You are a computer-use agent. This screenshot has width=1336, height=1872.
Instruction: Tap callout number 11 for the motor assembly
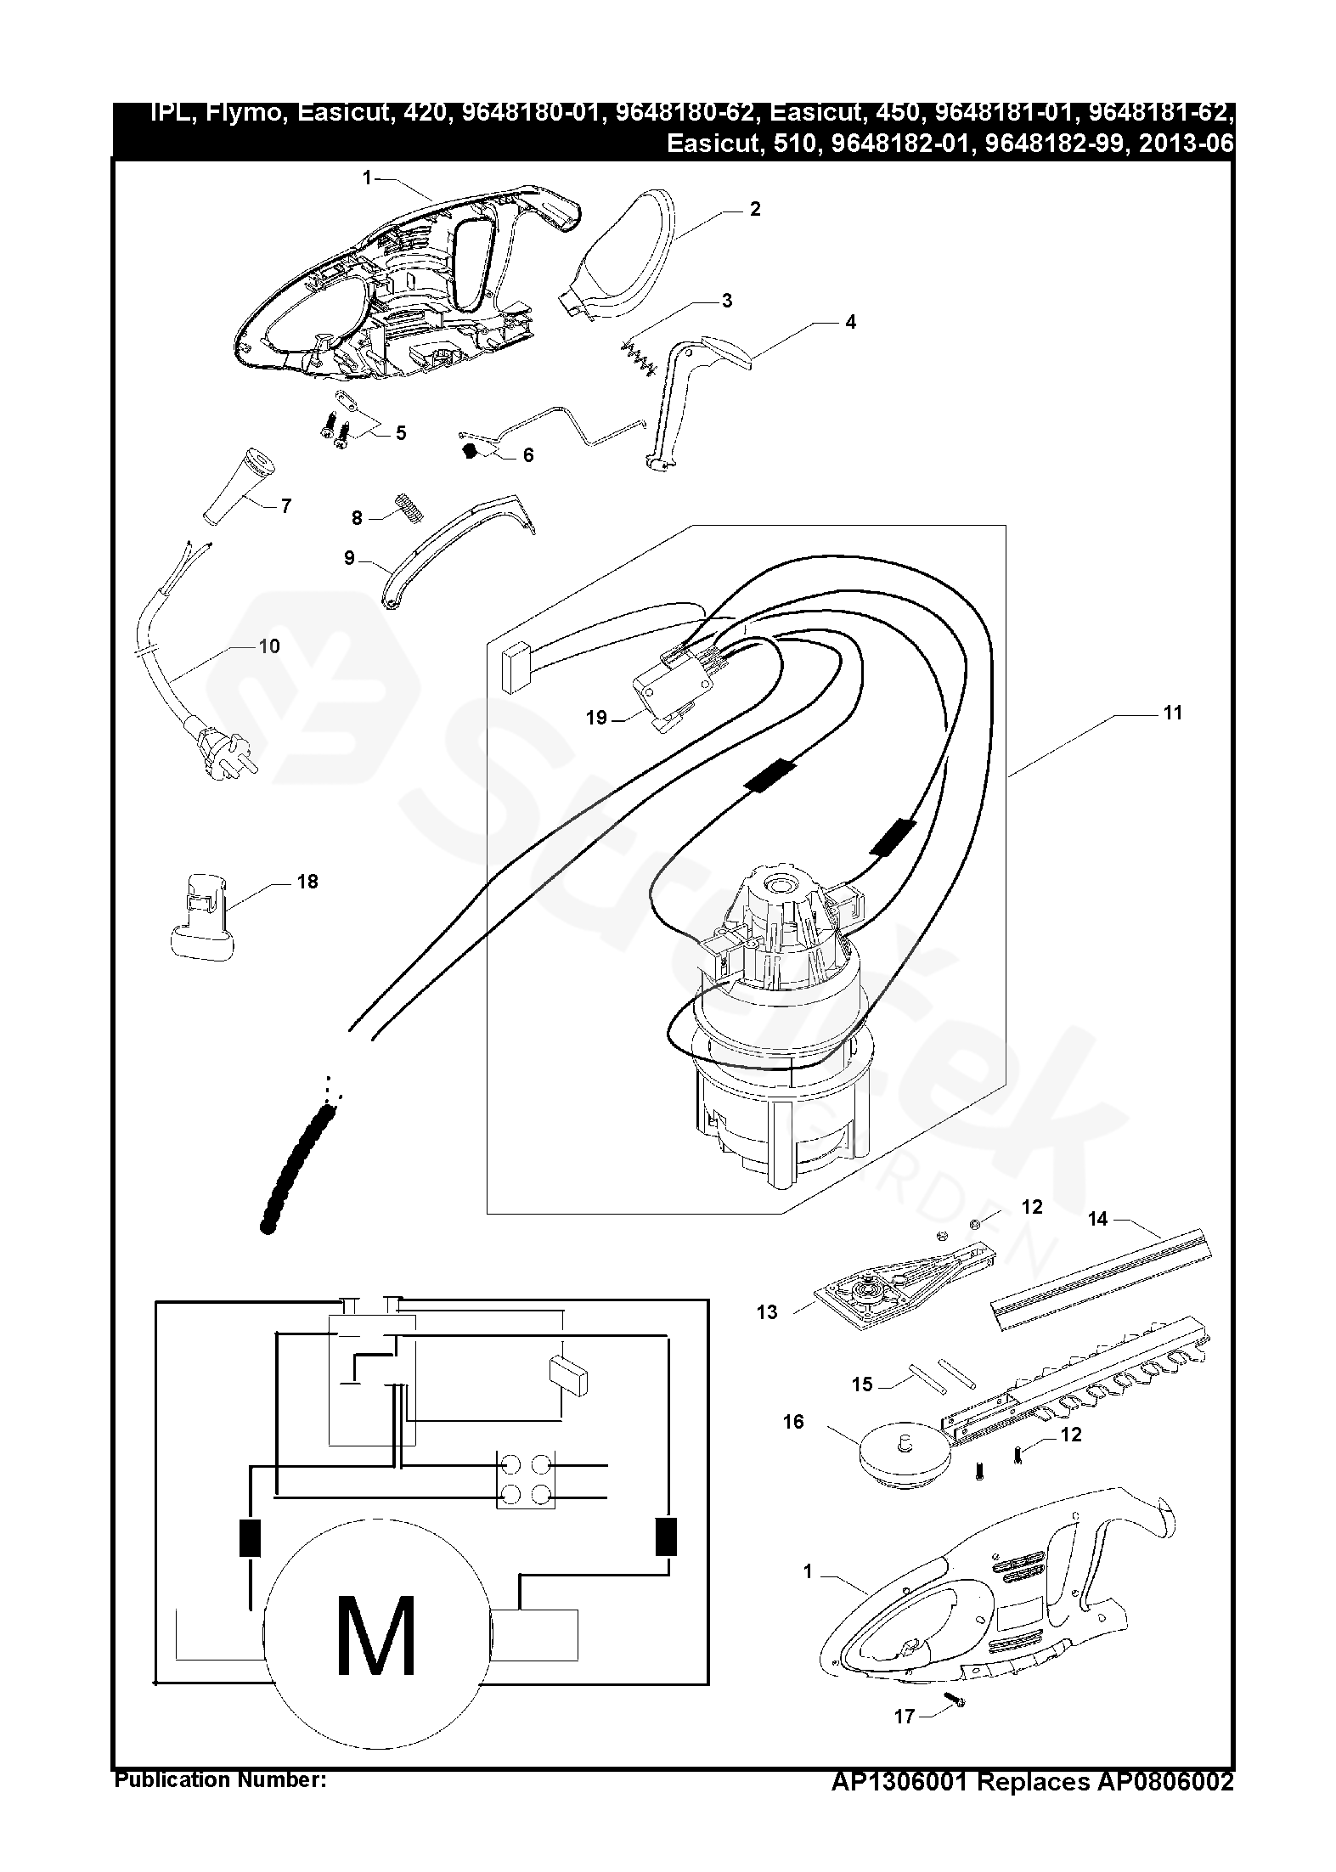(1172, 713)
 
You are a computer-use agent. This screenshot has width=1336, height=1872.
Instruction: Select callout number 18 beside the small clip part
(307, 882)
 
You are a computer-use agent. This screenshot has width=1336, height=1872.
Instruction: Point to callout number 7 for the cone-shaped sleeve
(285, 506)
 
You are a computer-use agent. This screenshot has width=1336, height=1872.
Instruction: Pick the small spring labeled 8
(409, 508)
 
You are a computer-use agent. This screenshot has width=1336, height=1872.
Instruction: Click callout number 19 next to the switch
(596, 718)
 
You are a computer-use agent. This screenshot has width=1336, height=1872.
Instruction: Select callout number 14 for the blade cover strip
(1097, 1219)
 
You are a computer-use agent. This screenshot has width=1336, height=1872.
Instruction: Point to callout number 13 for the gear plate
(767, 1312)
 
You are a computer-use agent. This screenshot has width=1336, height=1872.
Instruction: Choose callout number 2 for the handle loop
(755, 209)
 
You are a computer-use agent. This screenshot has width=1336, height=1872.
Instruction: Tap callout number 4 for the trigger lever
(850, 322)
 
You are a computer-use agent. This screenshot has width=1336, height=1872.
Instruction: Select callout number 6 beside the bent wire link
(528, 455)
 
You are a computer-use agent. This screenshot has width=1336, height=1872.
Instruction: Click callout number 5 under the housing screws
(400, 433)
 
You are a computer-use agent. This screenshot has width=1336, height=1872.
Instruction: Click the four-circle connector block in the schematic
(525, 1479)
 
